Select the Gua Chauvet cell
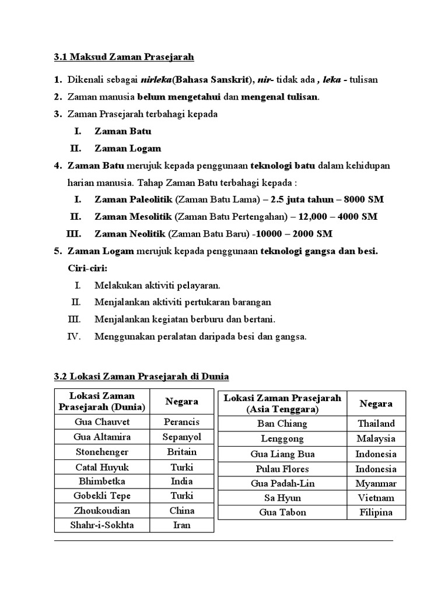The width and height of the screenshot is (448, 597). click(103, 422)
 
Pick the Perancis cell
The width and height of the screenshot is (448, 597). click(181, 422)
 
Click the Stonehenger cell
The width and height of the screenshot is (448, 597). click(103, 452)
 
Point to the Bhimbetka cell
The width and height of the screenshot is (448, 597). click(103, 482)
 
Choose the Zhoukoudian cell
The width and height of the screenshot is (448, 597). click(103, 511)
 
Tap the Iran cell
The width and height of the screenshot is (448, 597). click(181, 525)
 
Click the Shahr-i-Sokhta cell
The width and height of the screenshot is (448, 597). click(103, 525)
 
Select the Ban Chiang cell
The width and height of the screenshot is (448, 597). click(282, 424)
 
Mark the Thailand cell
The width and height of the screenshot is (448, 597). click(376, 424)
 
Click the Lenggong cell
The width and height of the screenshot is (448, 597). click(282, 439)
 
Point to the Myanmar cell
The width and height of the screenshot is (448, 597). click(376, 483)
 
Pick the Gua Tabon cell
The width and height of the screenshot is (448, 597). click(282, 512)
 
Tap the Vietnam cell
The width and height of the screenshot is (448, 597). click(376, 498)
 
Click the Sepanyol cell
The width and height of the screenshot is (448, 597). click(181, 437)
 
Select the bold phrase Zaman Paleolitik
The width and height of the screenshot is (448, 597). click(134, 199)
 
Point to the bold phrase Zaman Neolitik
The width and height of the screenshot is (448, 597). click(130, 234)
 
